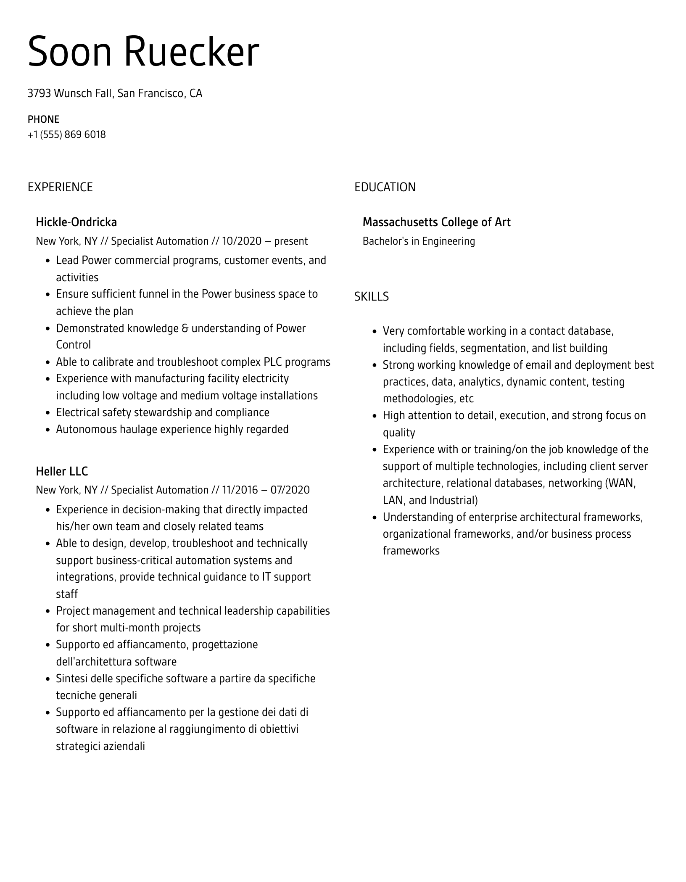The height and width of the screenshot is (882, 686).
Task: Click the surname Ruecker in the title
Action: [191, 53]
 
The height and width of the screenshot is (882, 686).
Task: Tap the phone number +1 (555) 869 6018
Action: [67, 135]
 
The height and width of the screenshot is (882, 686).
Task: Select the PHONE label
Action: [43, 119]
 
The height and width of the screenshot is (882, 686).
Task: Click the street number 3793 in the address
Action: [39, 93]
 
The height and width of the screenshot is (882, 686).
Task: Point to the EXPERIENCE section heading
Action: [60, 187]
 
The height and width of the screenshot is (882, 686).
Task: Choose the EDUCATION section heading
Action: [385, 187]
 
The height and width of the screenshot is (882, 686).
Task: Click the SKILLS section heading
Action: [371, 297]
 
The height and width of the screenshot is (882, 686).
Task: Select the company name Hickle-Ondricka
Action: [77, 222]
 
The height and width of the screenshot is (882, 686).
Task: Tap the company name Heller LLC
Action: [62, 471]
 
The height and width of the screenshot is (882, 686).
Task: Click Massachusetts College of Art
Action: [436, 222]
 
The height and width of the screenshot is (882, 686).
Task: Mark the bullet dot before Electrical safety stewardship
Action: [47, 413]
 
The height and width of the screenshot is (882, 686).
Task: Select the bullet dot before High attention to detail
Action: [375, 416]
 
